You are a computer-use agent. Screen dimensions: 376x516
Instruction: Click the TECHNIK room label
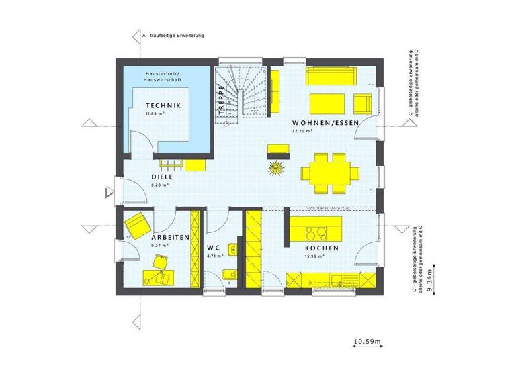(163, 105)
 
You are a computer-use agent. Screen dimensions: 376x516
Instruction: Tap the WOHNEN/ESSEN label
(325, 122)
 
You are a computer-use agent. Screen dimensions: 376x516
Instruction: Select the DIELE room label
(162, 177)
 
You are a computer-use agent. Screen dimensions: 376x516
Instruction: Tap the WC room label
(214, 247)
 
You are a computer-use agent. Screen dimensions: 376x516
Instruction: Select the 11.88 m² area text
(155, 114)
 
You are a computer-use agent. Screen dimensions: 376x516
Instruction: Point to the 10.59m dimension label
(367, 343)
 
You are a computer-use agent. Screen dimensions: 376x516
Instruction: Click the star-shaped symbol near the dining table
(274, 167)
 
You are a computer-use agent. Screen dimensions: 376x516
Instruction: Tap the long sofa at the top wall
(332, 75)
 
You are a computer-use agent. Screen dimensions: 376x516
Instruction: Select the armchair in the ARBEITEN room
(136, 224)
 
